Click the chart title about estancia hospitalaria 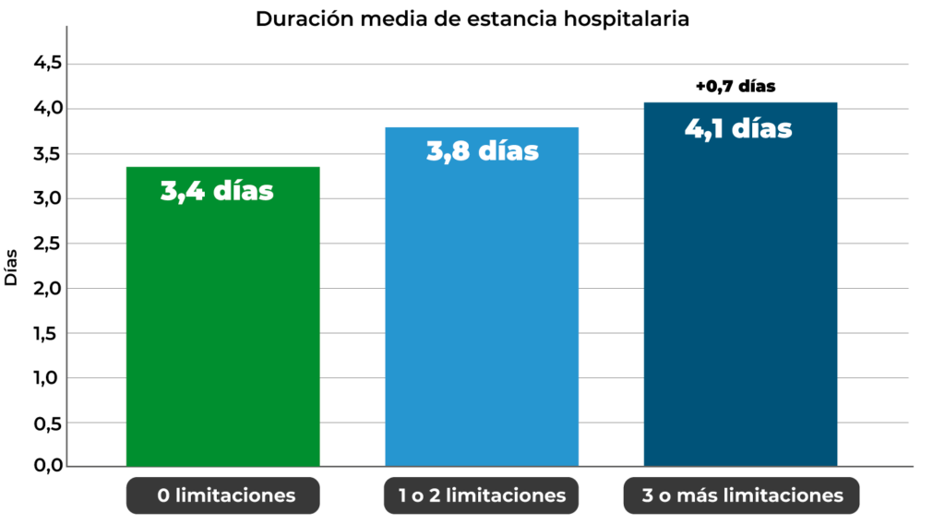472,18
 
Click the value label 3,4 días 218,191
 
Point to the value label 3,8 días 482,150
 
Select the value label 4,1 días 738,127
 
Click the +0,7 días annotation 736,87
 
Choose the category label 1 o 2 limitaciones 482,495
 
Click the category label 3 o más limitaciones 742,495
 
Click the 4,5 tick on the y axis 47,64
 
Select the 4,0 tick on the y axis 47,109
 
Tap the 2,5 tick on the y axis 47,244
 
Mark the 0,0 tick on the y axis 47,467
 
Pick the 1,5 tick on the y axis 47,333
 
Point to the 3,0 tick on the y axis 47,198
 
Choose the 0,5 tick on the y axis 47,423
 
